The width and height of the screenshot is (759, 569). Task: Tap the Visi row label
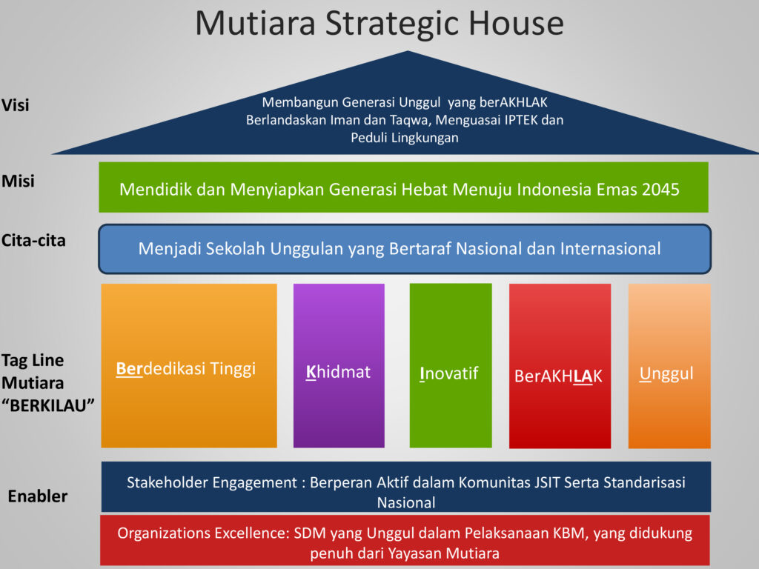(x=16, y=105)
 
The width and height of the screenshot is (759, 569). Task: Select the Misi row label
(x=18, y=181)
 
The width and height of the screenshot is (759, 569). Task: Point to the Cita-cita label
(x=33, y=241)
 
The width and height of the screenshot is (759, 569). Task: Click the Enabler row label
(x=38, y=496)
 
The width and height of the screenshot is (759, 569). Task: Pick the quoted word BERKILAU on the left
(x=48, y=405)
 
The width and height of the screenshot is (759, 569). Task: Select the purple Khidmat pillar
(x=339, y=365)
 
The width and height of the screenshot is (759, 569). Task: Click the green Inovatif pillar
(x=451, y=365)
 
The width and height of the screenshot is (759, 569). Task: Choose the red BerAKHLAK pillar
(x=560, y=366)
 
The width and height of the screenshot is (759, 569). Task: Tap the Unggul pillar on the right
(x=669, y=366)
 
